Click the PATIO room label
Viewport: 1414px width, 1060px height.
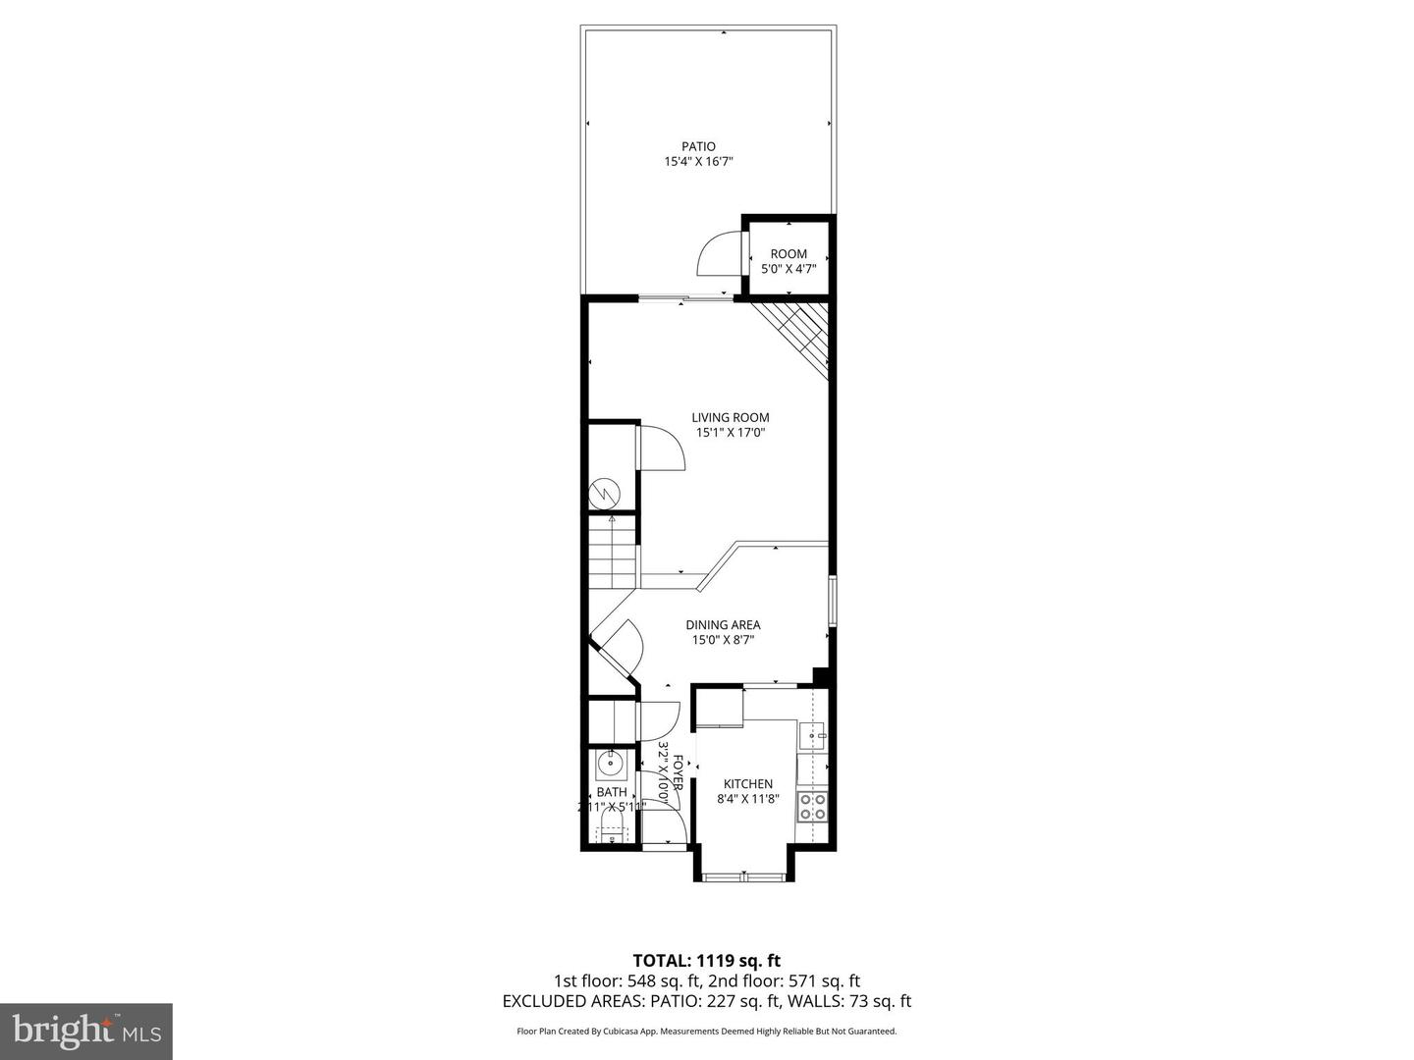click(x=698, y=147)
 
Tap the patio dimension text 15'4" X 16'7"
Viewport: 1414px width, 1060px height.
click(x=698, y=162)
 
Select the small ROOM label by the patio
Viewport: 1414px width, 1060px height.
click(x=789, y=254)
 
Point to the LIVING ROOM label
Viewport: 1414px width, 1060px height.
click(x=730, y=417)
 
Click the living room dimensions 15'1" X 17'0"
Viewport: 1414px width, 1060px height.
click(x=730, y=433)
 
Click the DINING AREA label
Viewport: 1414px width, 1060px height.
click(x=723, y=625)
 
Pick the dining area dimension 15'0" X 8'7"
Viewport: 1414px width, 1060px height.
click(x=723, y=641)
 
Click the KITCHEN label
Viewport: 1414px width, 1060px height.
click(x=748, y=783)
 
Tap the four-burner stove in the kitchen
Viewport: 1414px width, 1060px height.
click(x=812, y=806)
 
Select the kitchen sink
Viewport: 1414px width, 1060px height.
click(x=813, y=734)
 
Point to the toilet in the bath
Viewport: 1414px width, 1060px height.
click(x=612, y=833)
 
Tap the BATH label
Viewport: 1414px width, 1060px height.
click(x=612, y=792)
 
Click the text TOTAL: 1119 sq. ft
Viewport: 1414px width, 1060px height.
click(x=706, y=961)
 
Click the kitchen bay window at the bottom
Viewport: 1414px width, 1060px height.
click(x=744, y=876)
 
